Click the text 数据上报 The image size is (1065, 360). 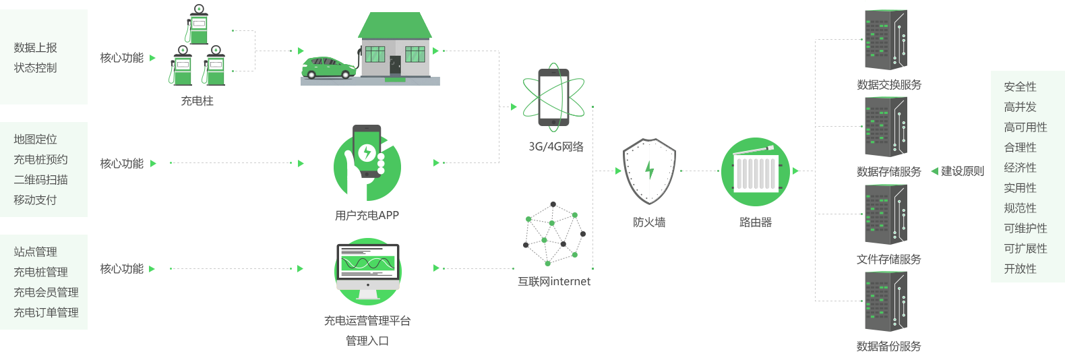coord(35,48)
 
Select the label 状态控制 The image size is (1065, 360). coord(35,68)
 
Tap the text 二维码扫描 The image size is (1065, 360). coord(40,180)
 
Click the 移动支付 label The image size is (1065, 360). coord(35,200)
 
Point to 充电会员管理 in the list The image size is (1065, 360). coord(46,293)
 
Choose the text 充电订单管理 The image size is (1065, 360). coord(46,313)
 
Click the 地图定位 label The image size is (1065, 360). coord(35,140)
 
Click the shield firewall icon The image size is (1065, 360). coord(648,171)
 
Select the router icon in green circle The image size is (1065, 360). coord(755,172)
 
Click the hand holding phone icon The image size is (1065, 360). coord(367,162)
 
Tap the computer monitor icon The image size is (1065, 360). coord(368,271)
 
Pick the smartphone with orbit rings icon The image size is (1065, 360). coord(553,97)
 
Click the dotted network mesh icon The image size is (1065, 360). coord(554,234)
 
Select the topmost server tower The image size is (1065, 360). coord(886,36)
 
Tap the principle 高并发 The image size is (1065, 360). coord(1020,107)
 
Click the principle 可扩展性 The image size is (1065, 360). coord(1025,249)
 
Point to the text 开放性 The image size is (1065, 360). coord(1020,269)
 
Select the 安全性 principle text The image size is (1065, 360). coord(1020,87)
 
